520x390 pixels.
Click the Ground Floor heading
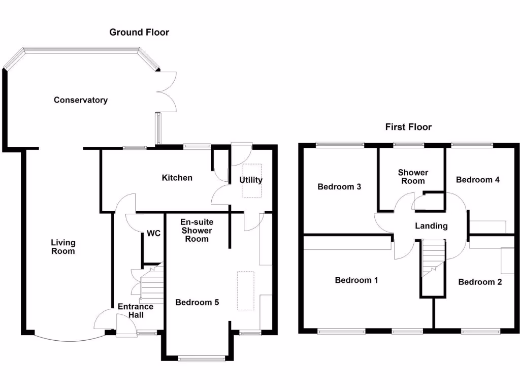tap(139, 32)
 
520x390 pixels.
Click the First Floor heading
tap(408, 127)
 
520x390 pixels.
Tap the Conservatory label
tap(81, 100)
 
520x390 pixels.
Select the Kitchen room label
tap(177, 178)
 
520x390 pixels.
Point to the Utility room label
tap(251, 180)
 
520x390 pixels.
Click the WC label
tap(153, 234)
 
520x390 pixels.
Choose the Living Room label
tap(63, 247)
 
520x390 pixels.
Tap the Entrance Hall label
tap(135, 310)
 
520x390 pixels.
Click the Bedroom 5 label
tap(197, 303)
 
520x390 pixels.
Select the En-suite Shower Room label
tap(197, 231)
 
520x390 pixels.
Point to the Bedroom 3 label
tap(339, 187)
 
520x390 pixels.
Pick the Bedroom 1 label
tap(356, 280)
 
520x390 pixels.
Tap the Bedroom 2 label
tap(480, 282)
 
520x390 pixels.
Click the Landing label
tap(431, 226)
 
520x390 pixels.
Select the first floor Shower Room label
tap(412, 177)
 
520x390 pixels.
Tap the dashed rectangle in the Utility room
tap(252, 180)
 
